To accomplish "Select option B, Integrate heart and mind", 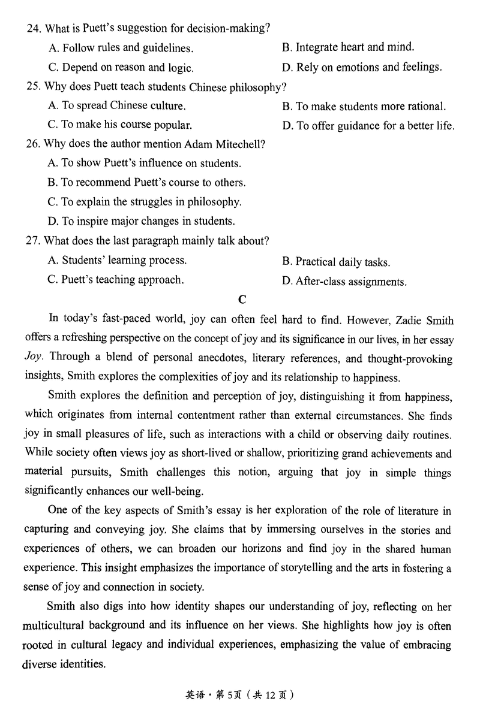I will click(x=347, y=47).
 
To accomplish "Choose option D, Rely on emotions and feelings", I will click(x=361, y=68).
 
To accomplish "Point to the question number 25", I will click(x=33, y=86).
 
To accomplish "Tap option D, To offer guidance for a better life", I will click(x=368, y=126).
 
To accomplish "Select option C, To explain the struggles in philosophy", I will click(x=144, y=202).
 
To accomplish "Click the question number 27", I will click(x=33, y=241).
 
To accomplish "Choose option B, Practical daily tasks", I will click(x=336, y=262).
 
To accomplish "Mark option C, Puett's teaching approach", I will click(x=116, y=280).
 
